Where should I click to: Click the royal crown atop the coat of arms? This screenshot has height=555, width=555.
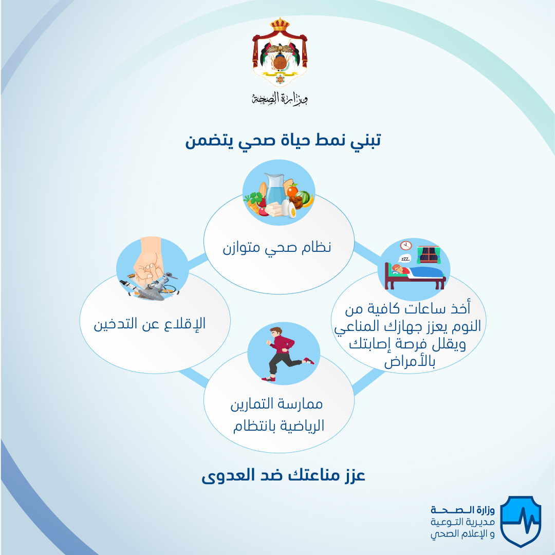[x=280, y=24]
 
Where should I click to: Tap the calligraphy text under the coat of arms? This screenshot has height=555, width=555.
[x=280, y=98]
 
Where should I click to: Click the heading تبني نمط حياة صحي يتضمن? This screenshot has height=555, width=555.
[x=283, y=141]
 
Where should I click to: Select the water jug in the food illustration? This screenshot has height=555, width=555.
[x=275, y=189]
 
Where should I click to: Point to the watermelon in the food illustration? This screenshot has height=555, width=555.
[x=303, y=197]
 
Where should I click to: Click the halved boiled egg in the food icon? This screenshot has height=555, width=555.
[x=292, y=210]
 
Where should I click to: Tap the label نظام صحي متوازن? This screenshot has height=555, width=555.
[x=277, y=247]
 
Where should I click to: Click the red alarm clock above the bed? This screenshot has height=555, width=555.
[x=406, y=245]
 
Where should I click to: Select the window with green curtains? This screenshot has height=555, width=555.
[x=429, y=255]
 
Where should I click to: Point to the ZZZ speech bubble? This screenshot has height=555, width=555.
[x=404, y=258]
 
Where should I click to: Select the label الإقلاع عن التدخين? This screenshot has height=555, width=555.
[x=150, y=324]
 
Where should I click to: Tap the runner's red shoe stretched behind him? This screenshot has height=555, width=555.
[x=309, y=361]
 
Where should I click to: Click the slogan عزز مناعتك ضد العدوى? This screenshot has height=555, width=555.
[x=283, y=475]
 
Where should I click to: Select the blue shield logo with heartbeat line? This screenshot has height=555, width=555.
[x=521, y=521]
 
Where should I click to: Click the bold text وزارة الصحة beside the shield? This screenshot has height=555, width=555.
[x=462, y=510]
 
